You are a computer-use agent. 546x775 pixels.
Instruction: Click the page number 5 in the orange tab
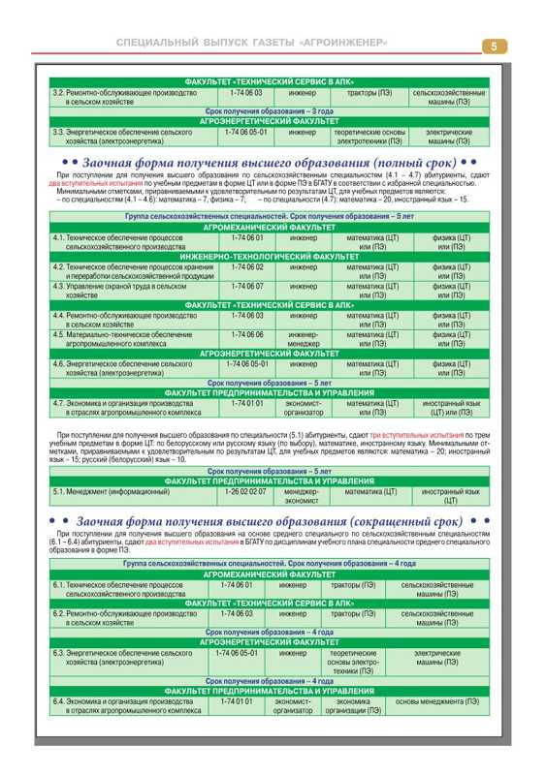[x=494, y=46]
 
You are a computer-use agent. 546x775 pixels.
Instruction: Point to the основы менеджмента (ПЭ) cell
[x=436, y=701]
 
